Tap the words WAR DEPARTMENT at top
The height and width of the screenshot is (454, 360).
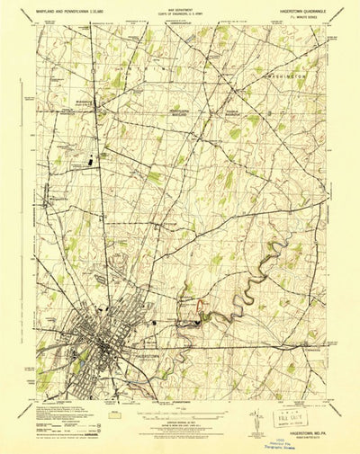[180, 9]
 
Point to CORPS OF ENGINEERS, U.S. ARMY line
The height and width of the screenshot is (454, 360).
[180, 13]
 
